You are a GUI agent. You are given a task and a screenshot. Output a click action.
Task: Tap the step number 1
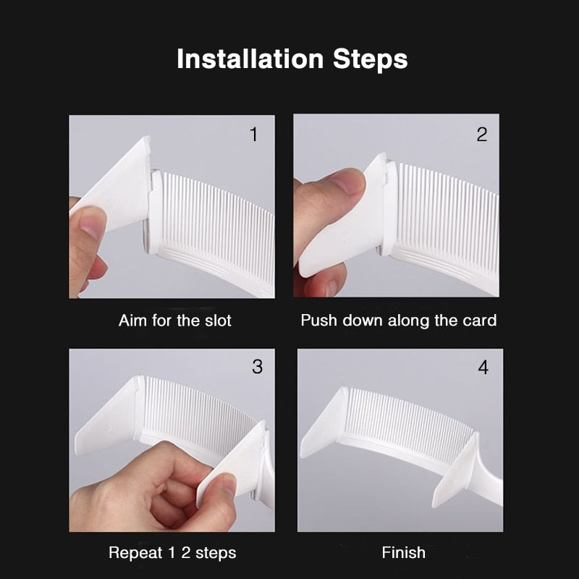coord(253,135)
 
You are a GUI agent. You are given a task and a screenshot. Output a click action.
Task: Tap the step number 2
coord(482,135)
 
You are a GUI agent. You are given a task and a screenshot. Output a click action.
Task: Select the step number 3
coord(257,367)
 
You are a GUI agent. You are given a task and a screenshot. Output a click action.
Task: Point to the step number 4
coord(483,368)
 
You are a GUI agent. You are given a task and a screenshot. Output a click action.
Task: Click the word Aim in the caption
coord(132,321)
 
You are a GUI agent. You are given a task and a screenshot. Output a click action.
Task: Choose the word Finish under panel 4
coord(403,553)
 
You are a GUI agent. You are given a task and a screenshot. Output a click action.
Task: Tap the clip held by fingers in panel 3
coord(235,463)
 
